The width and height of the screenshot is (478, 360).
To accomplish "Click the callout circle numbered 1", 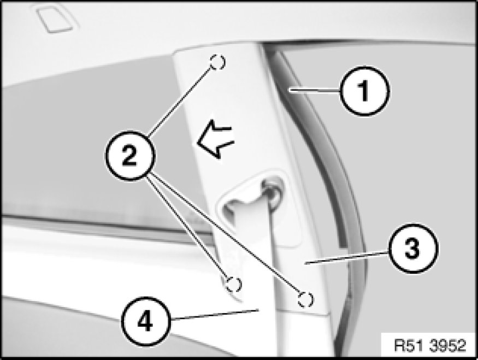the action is tap(364, 91).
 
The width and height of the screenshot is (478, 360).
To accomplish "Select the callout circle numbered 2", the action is tap(130, 156).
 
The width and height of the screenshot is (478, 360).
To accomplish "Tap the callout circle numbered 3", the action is tap(413, 248).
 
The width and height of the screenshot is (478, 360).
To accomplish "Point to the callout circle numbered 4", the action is tap(145, 322).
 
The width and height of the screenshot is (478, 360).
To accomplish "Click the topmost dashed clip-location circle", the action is tap(217, 62).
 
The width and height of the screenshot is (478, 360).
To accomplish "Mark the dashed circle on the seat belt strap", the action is tap(233, 285).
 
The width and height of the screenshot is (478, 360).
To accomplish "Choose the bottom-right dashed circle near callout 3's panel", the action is tap(305, 299).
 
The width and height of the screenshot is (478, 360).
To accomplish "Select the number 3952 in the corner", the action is tap(448, 345).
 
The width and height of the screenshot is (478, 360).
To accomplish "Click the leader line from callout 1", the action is tap(315, 90).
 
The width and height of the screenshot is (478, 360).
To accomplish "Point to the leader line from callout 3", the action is tap(347, 257).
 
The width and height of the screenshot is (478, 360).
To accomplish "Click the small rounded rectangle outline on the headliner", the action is tap(55, 19).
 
